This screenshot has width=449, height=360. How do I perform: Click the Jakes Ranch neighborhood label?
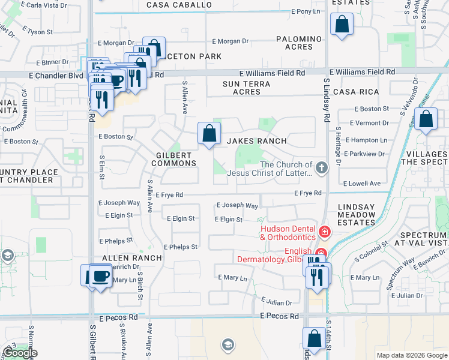(256, 141)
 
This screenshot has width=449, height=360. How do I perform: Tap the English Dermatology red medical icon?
(321, 253)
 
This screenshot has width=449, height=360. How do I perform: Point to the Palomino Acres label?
(295, 43)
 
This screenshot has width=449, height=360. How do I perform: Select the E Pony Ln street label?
(306, 11)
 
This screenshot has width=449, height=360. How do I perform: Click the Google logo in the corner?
(19, 353)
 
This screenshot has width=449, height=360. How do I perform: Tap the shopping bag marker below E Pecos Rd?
(314, 339)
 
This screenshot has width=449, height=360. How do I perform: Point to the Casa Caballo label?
(179, 5)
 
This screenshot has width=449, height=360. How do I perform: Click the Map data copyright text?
(412, 355)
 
